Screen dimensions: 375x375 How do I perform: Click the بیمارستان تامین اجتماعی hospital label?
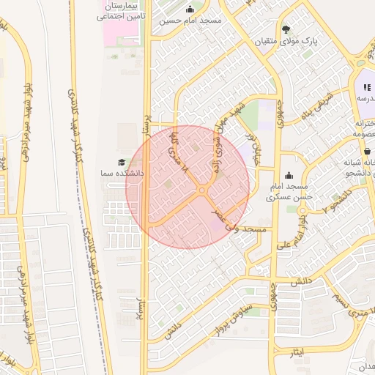coord(122,10)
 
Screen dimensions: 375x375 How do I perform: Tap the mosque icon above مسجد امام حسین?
coord(190,10)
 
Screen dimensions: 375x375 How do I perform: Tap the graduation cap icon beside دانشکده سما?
coord(121,162)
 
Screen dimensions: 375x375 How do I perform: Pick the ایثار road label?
coord(292,354)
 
